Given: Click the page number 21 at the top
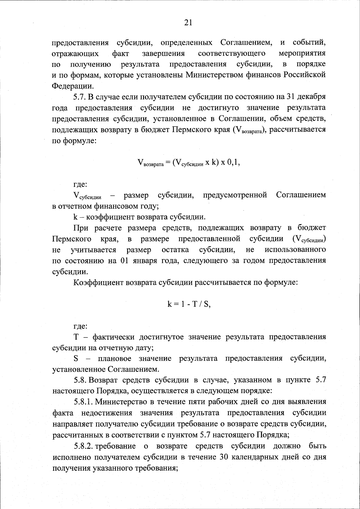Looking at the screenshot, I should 188,23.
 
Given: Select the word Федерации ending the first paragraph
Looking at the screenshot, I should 72,86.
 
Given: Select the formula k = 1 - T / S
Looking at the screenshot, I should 189,304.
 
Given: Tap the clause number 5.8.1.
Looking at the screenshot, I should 83,402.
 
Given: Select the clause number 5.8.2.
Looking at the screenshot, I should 83,446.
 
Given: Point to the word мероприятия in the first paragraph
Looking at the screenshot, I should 302,54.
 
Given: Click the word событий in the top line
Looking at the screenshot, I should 309,43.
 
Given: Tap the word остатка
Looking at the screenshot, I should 175,250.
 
